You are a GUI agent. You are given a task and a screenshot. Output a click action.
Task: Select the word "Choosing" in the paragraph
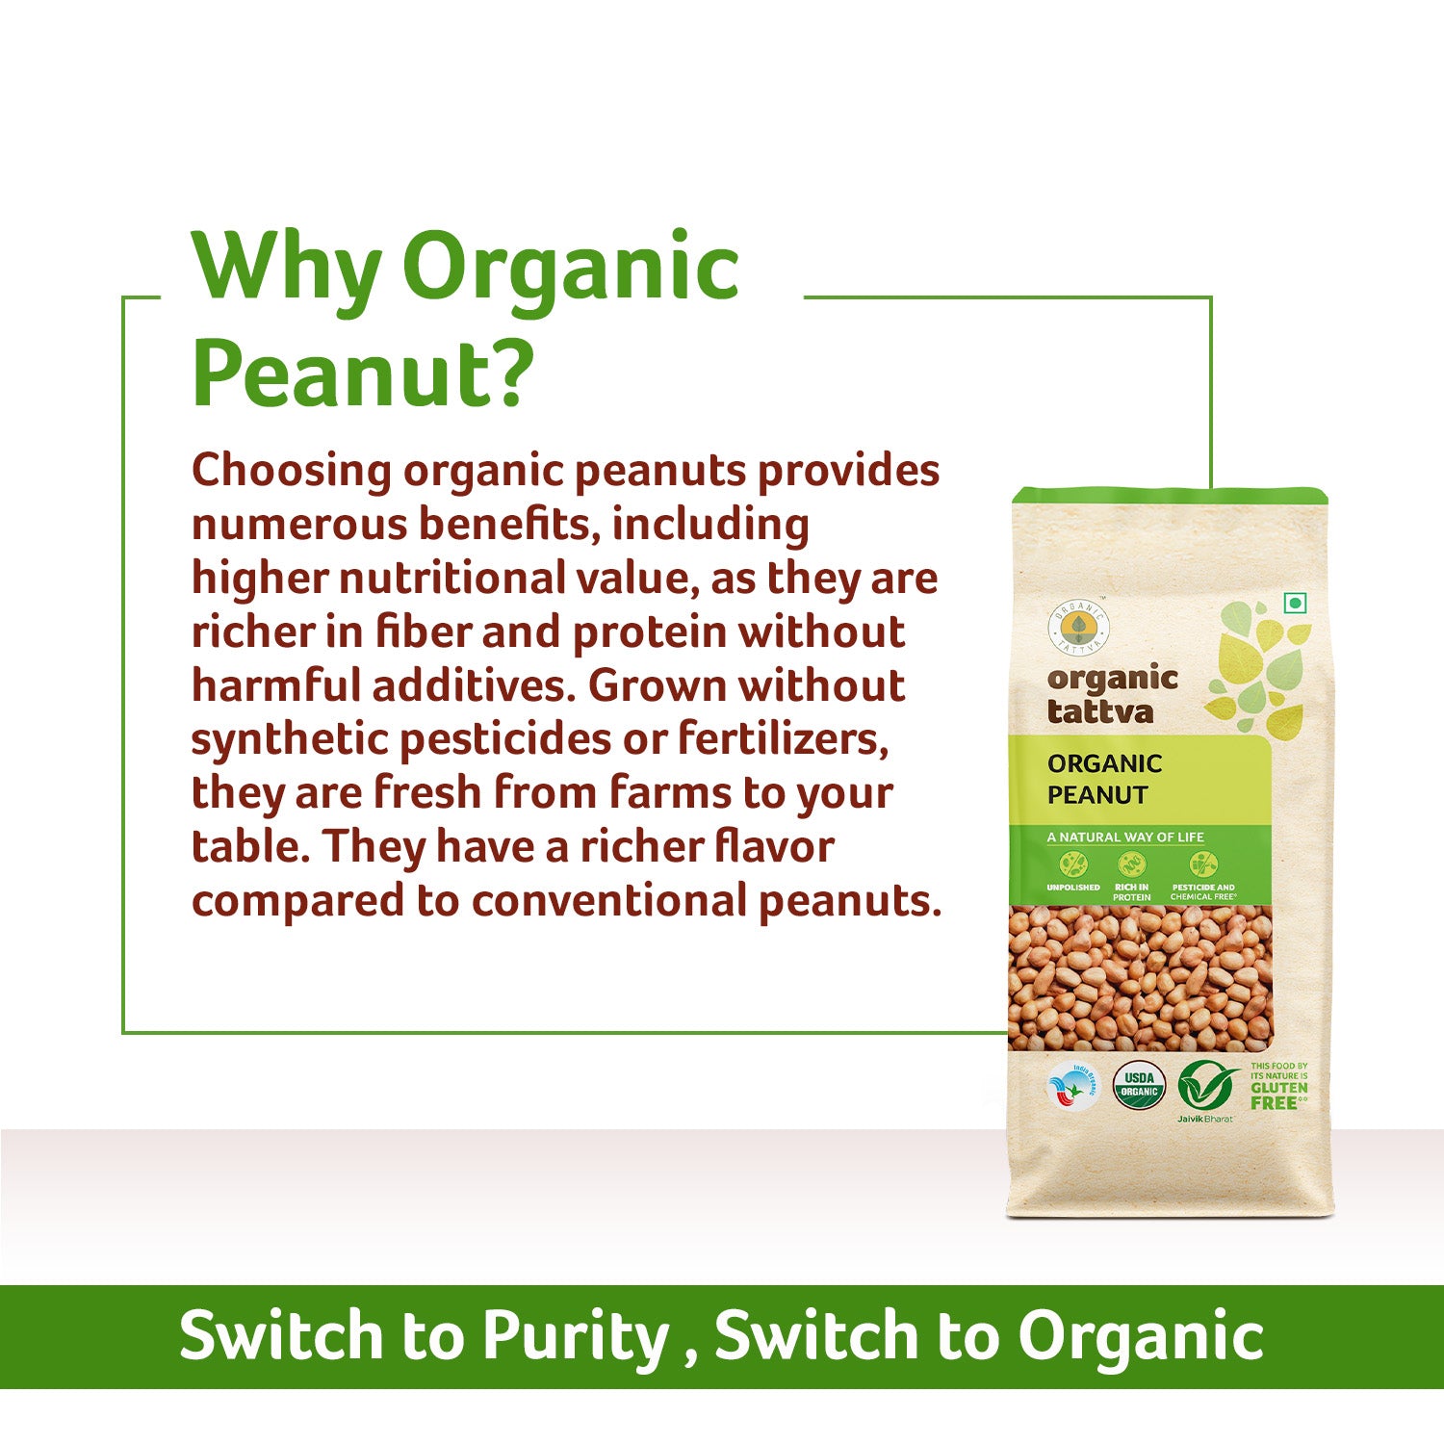pyautogui.click(x=292, y=472)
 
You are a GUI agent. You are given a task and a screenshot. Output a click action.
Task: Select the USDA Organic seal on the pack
pyautogui.click(x=1139, y=1086)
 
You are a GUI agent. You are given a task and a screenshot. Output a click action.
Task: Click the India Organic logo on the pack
pyautogui.click(x=1071, y=1088)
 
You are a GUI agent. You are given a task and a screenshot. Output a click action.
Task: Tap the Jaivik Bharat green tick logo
pyautogui.click(x=1206, y=1088)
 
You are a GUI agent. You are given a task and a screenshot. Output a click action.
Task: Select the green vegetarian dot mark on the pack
pyautogui.click(x=1296, y=604)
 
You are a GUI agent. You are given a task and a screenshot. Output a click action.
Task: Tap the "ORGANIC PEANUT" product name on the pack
pyautogui.click(x=1104, y=779)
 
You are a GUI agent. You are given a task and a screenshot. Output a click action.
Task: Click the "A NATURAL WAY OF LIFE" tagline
pyautogui.click(x=1124, y=838)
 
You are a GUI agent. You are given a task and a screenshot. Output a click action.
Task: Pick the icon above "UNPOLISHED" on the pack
pyautogui.click(x=1072, y=864)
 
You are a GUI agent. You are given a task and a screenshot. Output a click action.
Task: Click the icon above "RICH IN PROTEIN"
pyautogui.click(x=1131, y=864)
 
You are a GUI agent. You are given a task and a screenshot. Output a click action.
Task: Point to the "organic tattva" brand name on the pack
pyautogui.click(x=1111, y=695)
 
